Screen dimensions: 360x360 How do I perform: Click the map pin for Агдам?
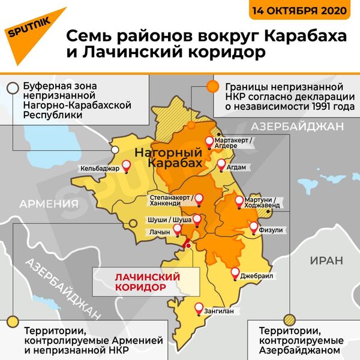click(x=221, y=164)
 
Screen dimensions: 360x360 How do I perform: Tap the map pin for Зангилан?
click(x=199, y=308)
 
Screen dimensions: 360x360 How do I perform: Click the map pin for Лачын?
click(x=179, y=229)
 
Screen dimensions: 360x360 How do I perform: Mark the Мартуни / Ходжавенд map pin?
click(x=239, y=202)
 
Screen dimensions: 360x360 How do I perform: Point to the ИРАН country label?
click(x=326, y=260)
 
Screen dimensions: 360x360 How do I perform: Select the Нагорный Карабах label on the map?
click(x=167, y=158)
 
